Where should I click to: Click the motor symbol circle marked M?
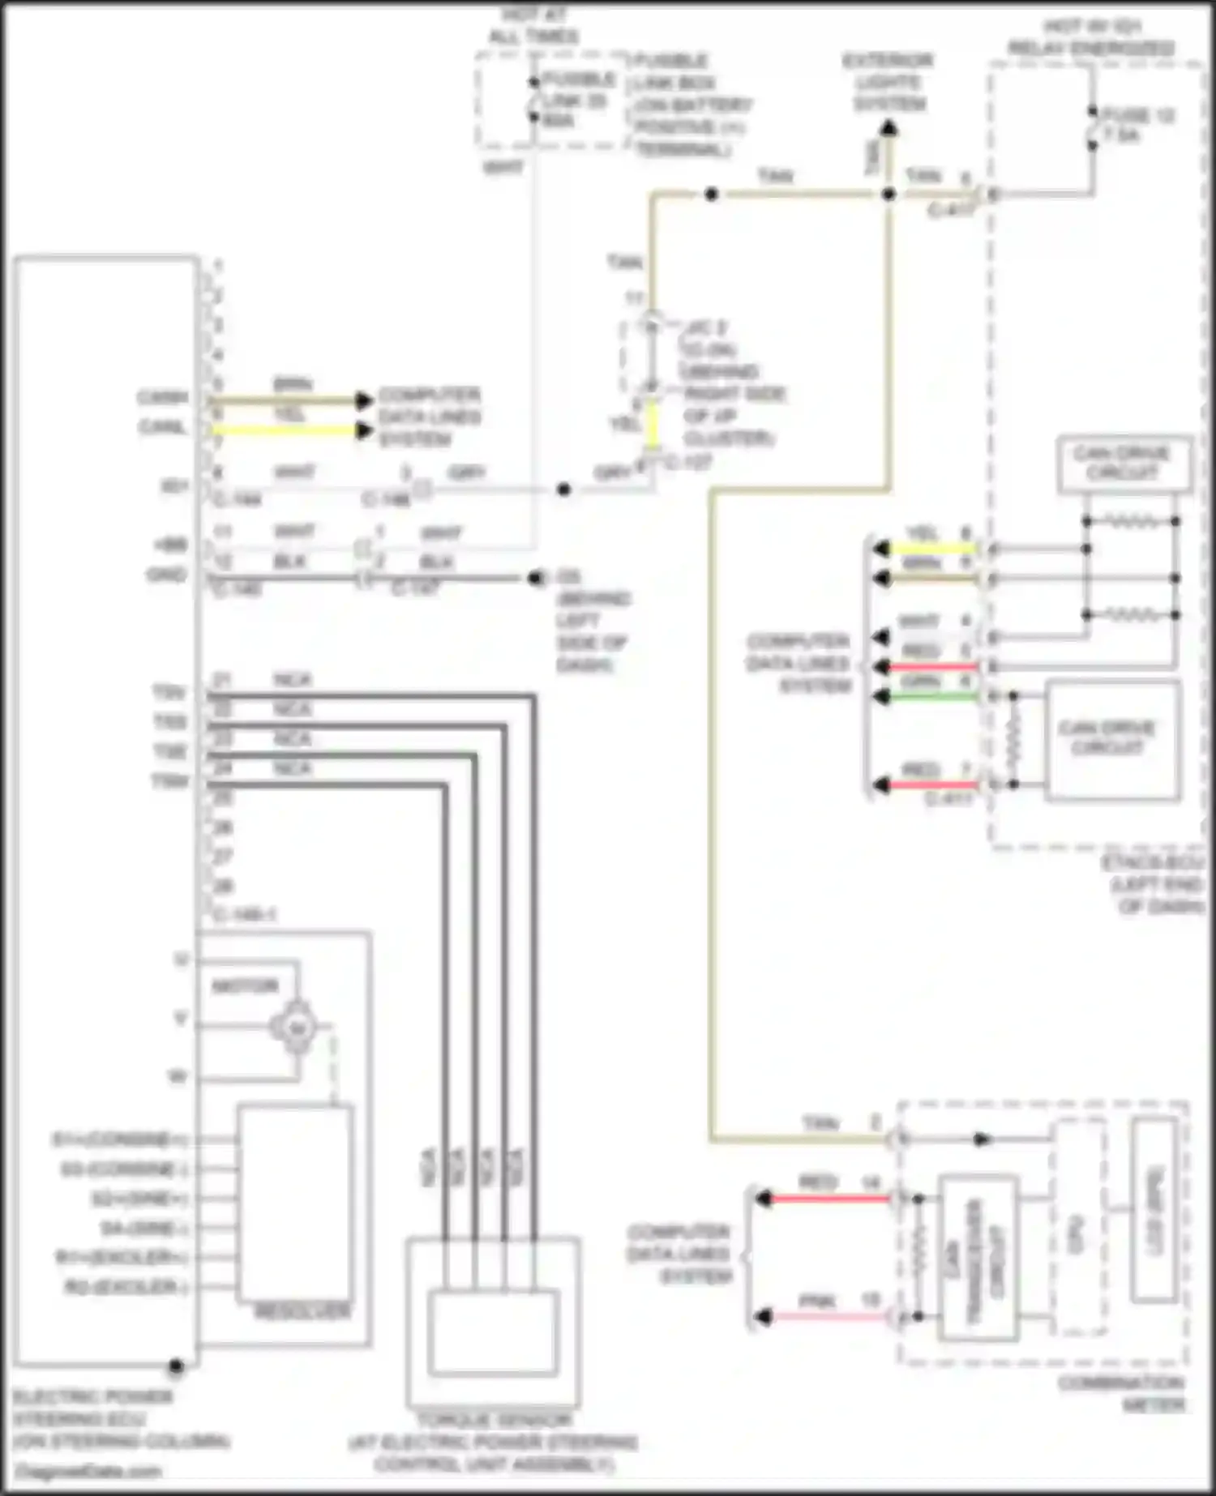pos(296,1028)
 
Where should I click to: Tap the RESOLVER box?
pos(295,1203)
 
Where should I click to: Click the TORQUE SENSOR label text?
pos(494,1421)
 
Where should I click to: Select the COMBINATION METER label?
pos(1121,1393)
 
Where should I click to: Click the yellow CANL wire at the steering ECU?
pos(284,430)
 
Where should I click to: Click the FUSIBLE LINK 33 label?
pos(577,100)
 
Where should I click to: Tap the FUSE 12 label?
pos(1139,125)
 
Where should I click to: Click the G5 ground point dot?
pos(534,579)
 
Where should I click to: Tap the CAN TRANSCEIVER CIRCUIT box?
pos(978,1257)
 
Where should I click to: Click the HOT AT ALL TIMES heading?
pos(533,25)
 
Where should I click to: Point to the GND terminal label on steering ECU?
pos(166,575)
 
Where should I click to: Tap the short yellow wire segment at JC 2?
pos(651,425)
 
